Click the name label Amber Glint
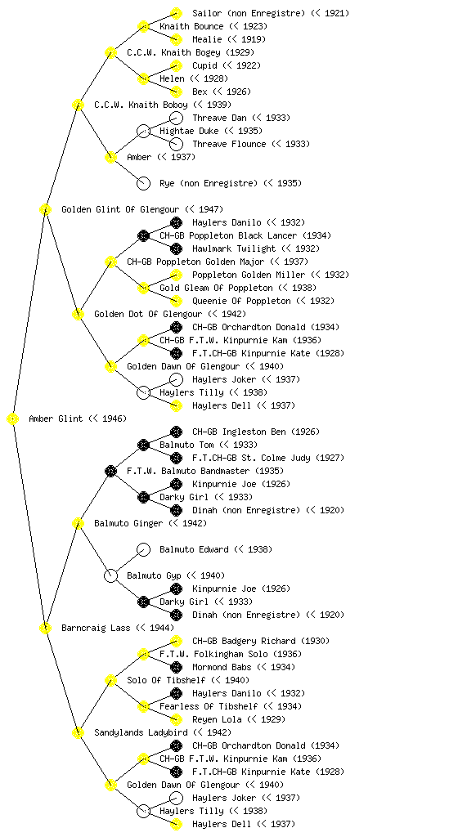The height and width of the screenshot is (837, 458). tap(56, 418)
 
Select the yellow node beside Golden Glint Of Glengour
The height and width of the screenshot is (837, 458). tap(45, 209)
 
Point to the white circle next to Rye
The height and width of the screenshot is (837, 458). tap(143, 183)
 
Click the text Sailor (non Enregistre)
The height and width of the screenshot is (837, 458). tap(248, 13)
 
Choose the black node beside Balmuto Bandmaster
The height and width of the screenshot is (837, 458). tap(110, 471)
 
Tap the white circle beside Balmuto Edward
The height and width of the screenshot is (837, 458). tap(143, 549)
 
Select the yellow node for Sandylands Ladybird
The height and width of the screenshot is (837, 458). tap(78, 732)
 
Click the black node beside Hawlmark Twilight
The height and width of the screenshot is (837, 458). tap(176, 248)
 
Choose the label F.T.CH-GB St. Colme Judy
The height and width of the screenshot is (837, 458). tap(252, 458)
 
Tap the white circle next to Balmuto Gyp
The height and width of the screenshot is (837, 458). tap(110, 575)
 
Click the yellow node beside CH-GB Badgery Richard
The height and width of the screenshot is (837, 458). tap(176, 641)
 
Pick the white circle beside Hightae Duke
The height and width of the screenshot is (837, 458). tap(143, 131)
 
